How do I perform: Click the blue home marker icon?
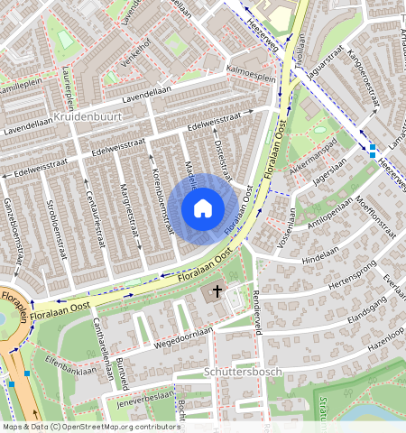point(203,209)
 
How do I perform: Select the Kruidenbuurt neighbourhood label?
point(88,118)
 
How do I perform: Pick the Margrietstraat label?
point(131,213)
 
